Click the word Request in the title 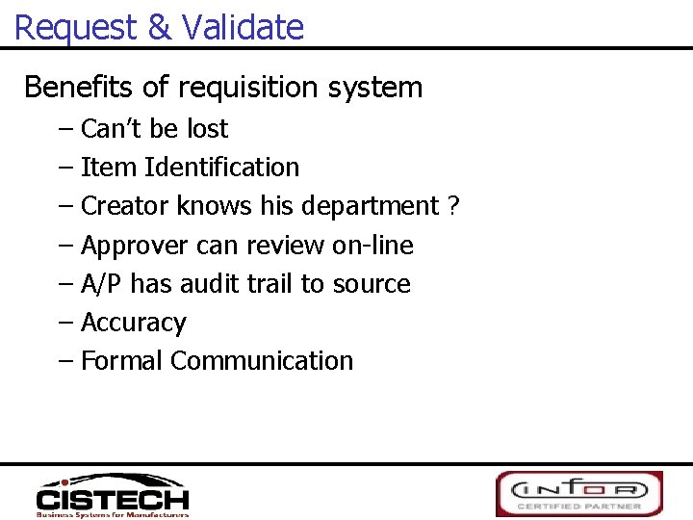tap(76, 27)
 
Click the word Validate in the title tap(243, 27)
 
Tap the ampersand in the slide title tap(160, 27)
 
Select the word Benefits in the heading tap(79, 88)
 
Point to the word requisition tap(246, 88)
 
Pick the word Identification tap(221, 168)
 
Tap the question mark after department tap(453, 206)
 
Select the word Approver tap(135, 246)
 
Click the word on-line tap(372, 246)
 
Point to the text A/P tap(102, 284)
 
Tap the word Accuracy tap(133, 323)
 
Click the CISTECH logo tap(113, 495)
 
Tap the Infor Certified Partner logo tap(579, 493)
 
